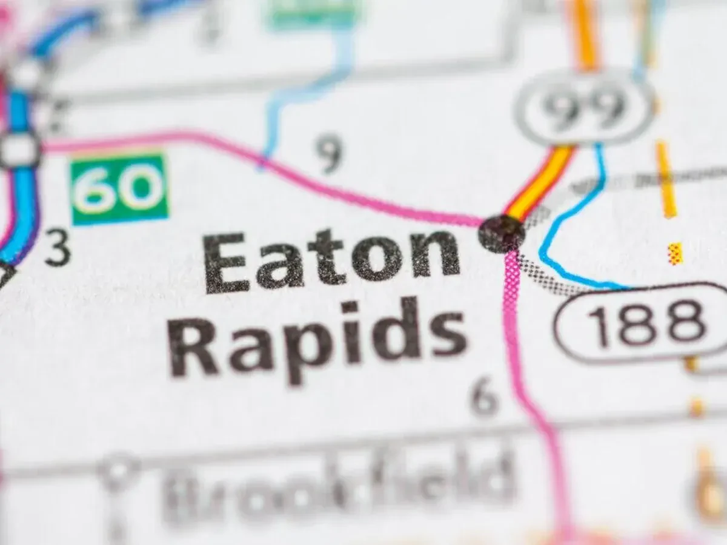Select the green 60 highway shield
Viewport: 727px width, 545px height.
pyautogui.click(x=119, y=188)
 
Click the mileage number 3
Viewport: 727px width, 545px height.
pyautogui.click(x=58, y=249)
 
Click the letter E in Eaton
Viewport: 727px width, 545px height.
pyautogui.click(x=225, y=262)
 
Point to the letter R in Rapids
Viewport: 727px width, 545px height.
pyautogui.click(x=193, y=346)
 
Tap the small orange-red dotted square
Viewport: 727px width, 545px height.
pyautogui.click(x=675, y=254)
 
